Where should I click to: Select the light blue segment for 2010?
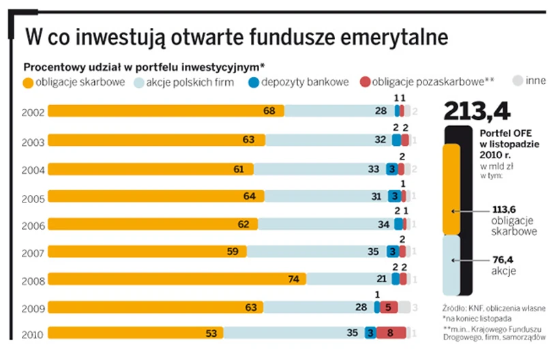click(x=293, y=333)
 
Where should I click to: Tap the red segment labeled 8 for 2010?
click(x=391, y=333)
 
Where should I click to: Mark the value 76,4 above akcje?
click(x=503, y=260)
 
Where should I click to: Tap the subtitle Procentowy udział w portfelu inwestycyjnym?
click(x=144, y=67)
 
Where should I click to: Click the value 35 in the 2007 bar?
click(x=372, y=251)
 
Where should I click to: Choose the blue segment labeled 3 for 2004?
click(x=391, y=169)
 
